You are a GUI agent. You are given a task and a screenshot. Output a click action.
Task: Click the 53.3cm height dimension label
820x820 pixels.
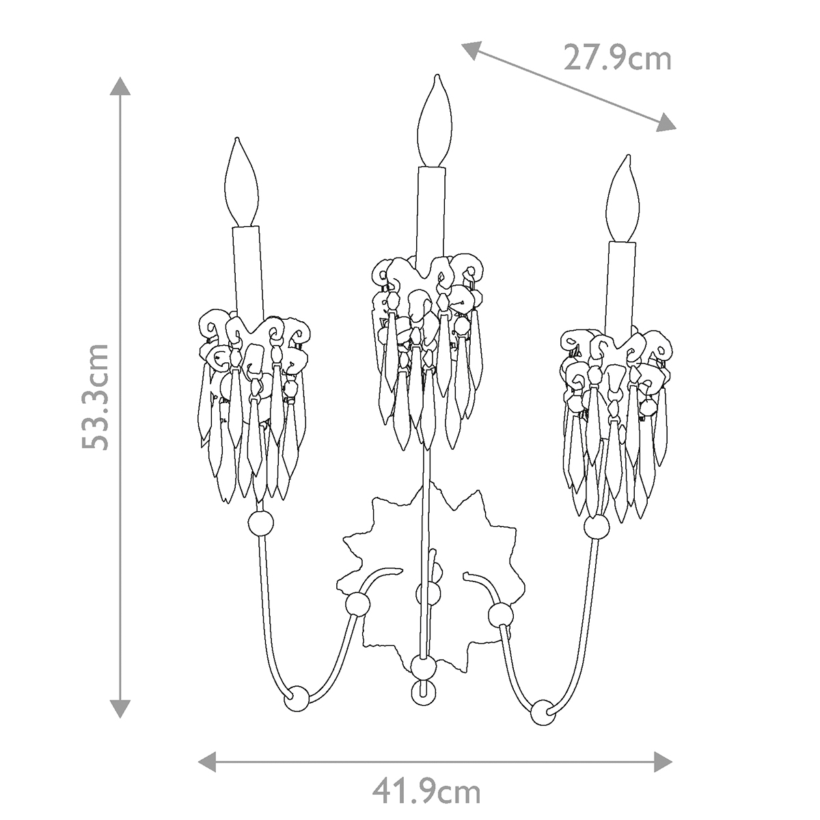(x=95, y=396)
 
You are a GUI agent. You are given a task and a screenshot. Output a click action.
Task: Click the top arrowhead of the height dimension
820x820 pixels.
(x=120, y=87)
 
